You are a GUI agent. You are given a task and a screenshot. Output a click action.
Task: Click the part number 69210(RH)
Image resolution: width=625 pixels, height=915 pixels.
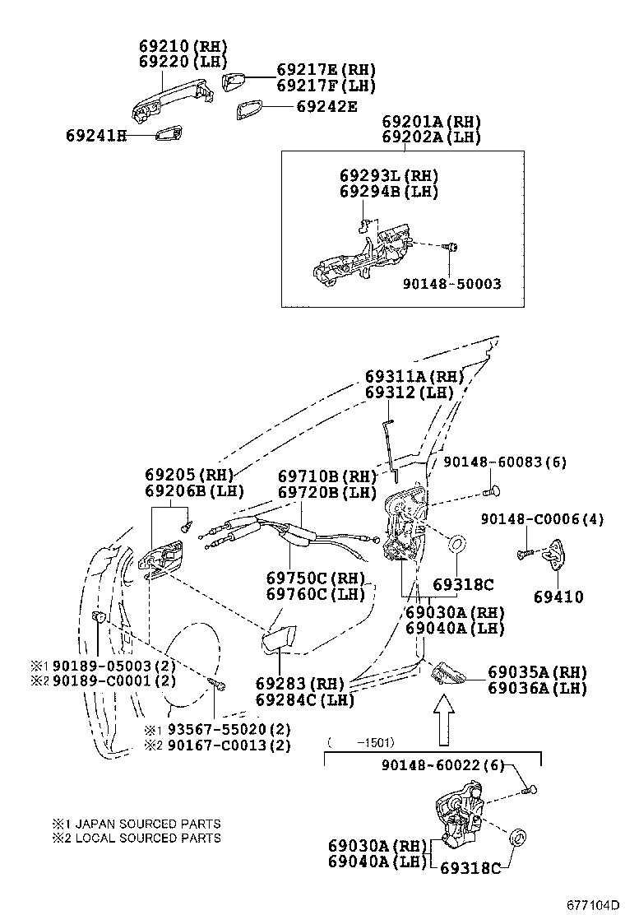tap(180, 47)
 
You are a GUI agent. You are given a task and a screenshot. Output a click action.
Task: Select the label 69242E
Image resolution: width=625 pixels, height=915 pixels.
tap(326, 106)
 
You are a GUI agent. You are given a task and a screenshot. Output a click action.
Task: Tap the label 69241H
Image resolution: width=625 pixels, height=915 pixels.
tap(96, 134)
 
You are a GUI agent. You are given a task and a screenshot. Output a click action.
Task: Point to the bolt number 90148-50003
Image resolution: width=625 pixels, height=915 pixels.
tap(451, 284)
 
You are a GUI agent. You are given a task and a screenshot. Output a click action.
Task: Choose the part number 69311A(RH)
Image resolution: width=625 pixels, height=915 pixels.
tap(414, 376)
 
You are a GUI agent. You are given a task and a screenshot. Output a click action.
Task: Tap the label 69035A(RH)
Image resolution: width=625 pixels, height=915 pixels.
tap(537, 671)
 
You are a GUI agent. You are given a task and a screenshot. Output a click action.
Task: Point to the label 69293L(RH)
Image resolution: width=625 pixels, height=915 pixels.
tap(389, 175)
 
